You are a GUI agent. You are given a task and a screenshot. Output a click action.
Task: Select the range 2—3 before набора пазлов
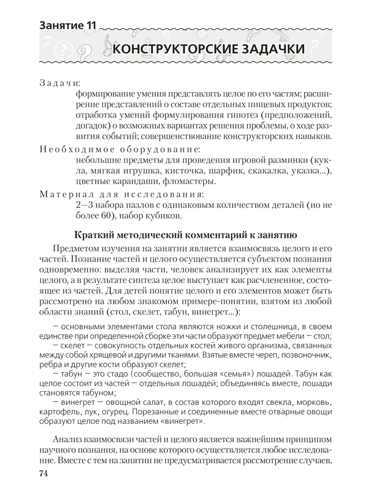click(85, 206)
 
